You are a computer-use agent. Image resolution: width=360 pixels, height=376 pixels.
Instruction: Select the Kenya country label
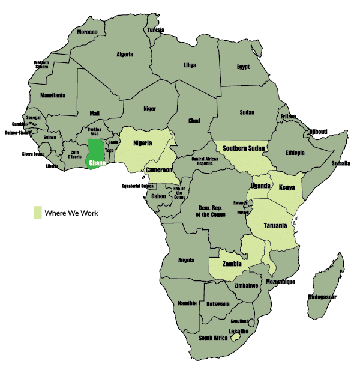click(287, 187)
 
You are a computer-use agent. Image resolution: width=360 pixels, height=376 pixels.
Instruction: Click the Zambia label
click(232, 264)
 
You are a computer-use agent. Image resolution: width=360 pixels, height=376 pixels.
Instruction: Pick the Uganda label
click(260, 185)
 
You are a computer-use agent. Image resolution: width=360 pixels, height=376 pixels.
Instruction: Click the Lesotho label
click(239, 331)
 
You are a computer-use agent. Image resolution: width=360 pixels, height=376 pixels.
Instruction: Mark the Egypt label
click(243, 67)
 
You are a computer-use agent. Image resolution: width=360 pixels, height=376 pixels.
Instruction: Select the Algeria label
click(124, 55)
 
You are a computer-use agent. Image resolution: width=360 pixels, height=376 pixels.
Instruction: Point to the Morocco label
click(87, 32)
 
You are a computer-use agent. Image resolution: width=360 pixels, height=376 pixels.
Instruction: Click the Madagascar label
click(322, 297)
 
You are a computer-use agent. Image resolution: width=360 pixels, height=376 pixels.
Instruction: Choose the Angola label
click(187, 260)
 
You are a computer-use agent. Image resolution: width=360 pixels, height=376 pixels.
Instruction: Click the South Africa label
click(213, 338)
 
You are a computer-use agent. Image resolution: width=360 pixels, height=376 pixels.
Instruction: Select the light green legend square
click(37, 213)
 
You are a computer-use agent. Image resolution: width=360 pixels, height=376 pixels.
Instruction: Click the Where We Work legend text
click(71, 213)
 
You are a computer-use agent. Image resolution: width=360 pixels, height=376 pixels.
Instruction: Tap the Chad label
click(194, 121)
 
